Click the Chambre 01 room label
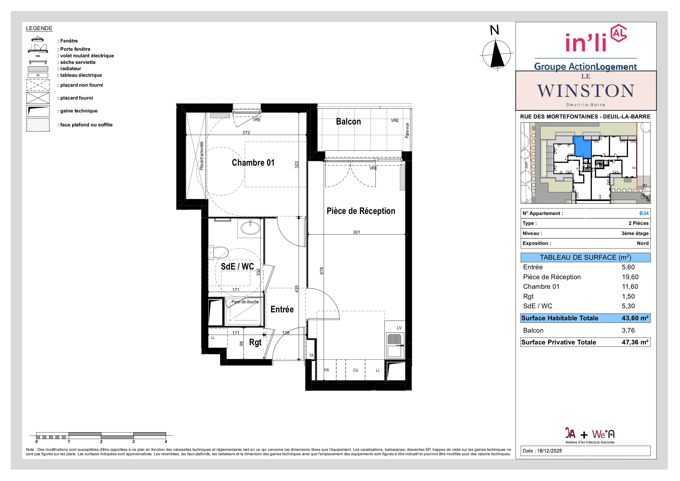pos(253,163)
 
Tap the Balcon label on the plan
pos(348,121)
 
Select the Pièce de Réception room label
pos(361,211)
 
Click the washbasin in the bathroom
pos(250,228)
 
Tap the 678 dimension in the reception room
pos(322,271)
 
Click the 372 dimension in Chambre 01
pos(246,132)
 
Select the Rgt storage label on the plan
pos(255,343)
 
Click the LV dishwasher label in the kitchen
pos(399,328)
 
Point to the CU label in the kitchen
pos(355,370)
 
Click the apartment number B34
pos(644,213)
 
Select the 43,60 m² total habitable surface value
pos(635,318)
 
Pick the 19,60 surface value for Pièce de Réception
pos(630,277)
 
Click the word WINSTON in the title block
pos(586,91)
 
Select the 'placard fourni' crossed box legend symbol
pos(38,98)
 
